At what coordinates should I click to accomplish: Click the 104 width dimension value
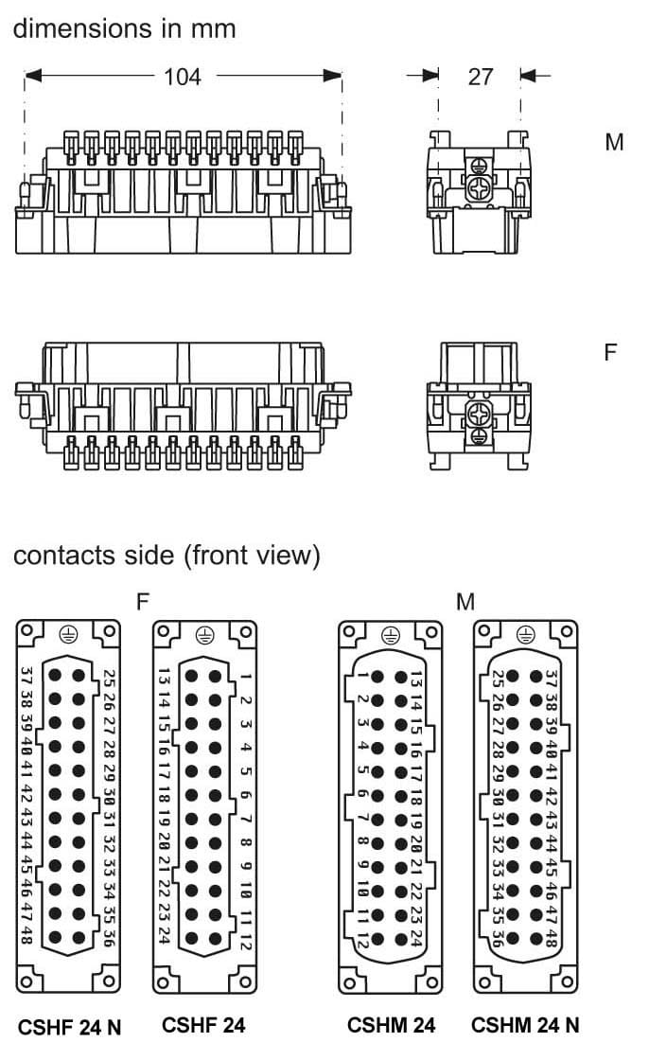183,76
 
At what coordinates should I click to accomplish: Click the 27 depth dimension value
481,76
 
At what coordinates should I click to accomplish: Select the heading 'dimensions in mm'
124,27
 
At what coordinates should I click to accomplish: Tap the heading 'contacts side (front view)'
167,556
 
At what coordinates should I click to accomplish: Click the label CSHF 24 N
69,1026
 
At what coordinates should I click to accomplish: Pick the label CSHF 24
203,1025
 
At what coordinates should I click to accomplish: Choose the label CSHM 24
391,1025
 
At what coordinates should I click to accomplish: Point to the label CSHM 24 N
525,1025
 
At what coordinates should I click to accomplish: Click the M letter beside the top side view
615,143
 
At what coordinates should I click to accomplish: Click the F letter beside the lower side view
611,352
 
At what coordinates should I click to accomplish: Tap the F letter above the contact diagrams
143,601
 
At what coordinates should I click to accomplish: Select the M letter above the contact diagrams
465,601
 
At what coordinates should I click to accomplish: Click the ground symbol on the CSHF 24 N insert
68,635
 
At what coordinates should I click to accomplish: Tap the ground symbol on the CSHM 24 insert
391,635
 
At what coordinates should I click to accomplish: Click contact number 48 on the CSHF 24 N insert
26,935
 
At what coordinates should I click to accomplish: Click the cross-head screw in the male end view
480,187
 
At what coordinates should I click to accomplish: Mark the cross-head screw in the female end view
479,413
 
